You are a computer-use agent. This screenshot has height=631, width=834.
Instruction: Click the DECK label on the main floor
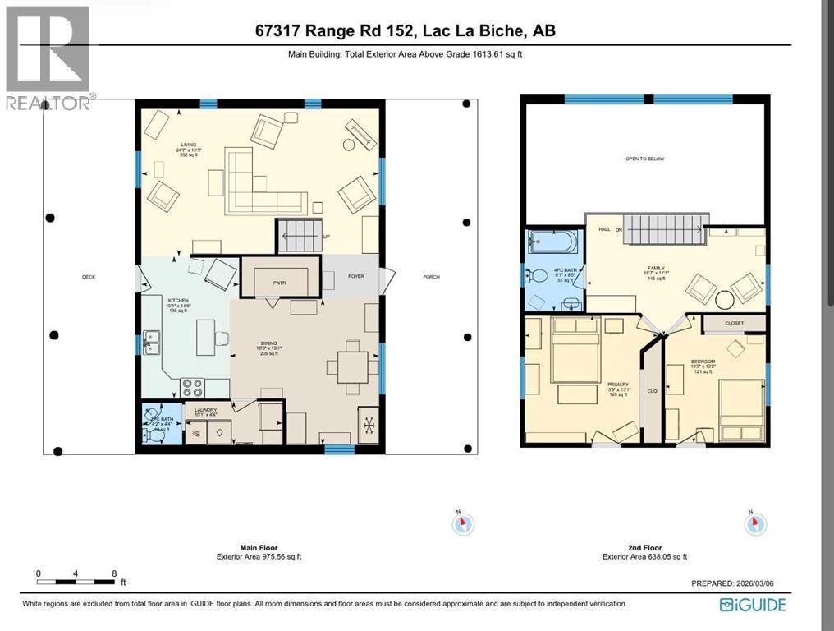(89, 277)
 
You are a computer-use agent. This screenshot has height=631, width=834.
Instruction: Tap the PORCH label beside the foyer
(431, 277)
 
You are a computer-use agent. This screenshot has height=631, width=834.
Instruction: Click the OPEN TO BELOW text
(644, 159)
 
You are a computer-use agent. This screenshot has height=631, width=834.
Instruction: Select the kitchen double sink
(151, 341)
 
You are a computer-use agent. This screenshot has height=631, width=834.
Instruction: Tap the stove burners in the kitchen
(192, 386)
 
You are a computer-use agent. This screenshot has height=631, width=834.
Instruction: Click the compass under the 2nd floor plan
(754, 523)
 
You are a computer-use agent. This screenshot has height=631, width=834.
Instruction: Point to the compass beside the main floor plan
(464, 523)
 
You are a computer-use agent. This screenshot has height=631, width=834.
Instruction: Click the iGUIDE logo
(753, 606)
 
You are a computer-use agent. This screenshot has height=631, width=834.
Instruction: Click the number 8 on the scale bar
(114, 573)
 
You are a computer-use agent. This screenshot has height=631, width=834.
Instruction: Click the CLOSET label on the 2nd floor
(734, 323)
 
